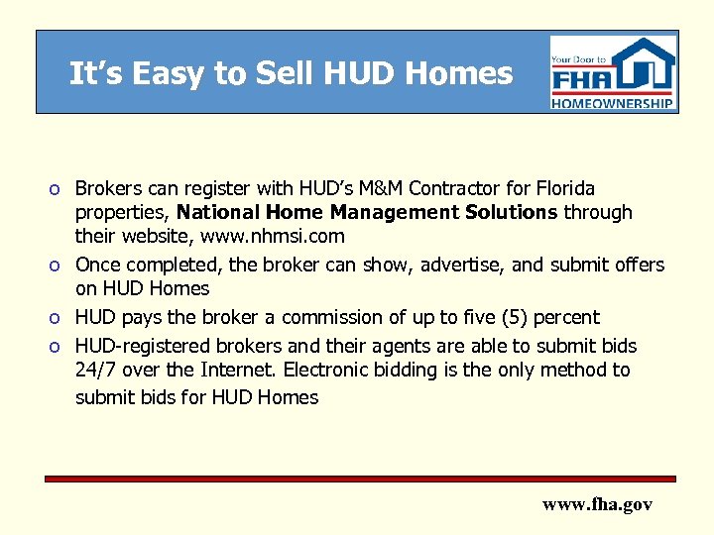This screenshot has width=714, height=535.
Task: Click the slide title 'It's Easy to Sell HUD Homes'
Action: (291, 73)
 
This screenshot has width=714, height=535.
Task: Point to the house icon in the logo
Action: (646, 64)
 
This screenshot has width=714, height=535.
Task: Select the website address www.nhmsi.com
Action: (273, 236)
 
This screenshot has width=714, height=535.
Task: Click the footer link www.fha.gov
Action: (597, 504)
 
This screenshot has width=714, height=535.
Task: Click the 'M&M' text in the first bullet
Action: (356, 188)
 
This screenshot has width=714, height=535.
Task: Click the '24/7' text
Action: (95, 371)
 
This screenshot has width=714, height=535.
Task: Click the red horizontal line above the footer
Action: (360, 478)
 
